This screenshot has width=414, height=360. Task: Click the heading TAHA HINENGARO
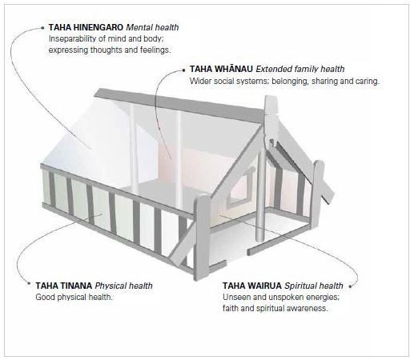pos(86,27)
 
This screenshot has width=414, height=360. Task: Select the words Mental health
pos(152,27)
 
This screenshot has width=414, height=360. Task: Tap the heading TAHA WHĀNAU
pos(221,69)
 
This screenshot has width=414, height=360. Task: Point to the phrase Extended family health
pos(300,69)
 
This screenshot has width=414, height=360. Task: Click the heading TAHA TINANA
pos(64,286)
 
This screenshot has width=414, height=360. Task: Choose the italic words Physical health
pos(124,286)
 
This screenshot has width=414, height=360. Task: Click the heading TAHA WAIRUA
pos(252,286)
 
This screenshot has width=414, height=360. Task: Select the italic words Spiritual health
pos(314,286)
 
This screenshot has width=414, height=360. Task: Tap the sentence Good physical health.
pos(74,297)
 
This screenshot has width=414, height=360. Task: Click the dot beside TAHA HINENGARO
pos(42,27)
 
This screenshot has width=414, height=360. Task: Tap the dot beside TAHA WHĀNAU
pos(183,70)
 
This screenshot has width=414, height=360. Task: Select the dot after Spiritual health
pos(351,286)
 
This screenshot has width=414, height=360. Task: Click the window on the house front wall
pos(239,188)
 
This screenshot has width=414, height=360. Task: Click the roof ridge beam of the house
pos(179,105)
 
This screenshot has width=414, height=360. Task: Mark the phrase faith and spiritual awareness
pos(275,308)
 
